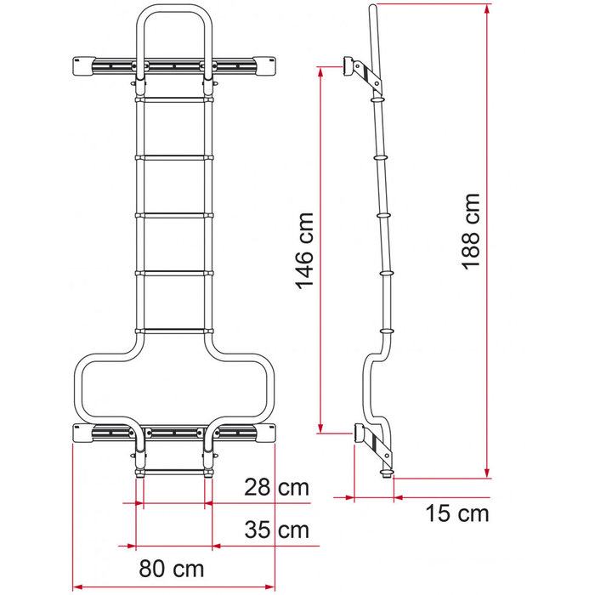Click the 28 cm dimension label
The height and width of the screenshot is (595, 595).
pos(275,488)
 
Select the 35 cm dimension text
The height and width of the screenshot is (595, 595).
pos(275,530)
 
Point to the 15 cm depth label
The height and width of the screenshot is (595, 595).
pos(456,513)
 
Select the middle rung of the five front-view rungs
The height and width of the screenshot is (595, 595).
pos(173,215)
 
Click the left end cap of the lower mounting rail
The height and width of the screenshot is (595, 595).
pos(83,433)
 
